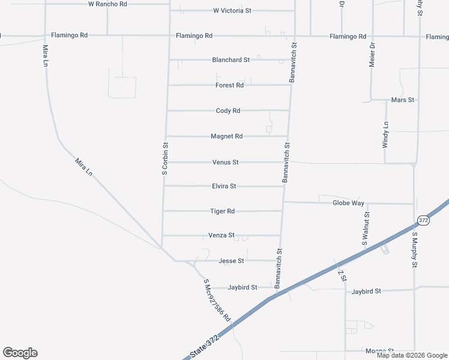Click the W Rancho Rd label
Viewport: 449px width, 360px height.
107,4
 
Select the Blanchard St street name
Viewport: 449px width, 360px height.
231,60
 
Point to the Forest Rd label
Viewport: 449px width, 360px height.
229,85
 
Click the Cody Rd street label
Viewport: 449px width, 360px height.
228,111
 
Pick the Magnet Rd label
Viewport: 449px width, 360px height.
226,136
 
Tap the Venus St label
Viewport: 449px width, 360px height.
226,163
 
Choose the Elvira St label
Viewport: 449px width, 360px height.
224,187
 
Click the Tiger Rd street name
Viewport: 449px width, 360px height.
222,211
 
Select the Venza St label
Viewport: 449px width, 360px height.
221,236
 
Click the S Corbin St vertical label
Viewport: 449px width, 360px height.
165,158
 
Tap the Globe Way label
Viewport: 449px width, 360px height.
349,203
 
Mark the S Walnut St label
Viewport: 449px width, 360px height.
366,229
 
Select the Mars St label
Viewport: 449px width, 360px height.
403,100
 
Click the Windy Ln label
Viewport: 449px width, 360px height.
385,135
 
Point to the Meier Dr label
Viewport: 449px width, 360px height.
372,55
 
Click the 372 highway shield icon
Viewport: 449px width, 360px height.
423,221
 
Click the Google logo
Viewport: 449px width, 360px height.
20,353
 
